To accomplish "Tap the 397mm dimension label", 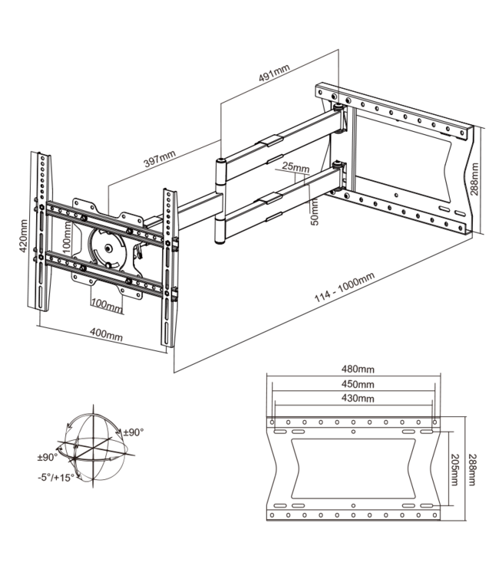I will [160, 162].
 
